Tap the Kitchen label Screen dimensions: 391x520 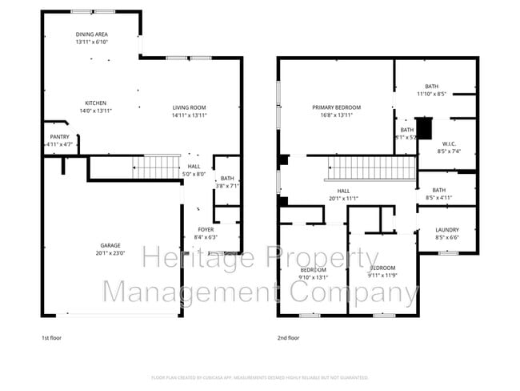pyautogui.click(x=96, y=103)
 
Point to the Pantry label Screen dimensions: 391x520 pyautogui.click(x=59, y=137)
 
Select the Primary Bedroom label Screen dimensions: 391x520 pyautogui.click(x=336, y=107)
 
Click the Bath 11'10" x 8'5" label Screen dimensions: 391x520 pyautogui.click(x=432, y=86)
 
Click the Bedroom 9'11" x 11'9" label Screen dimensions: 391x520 pyautogui.click(x=382, y=271)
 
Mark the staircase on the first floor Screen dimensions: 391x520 pyautogui.click(x=157, y=167)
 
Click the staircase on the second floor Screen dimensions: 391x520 pyautogui.click(x=373, y=168)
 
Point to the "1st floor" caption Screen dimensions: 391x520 pyautogui.click(x=52, y=338)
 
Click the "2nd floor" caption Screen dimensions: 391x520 pyautogui.click(x=289, y=338)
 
